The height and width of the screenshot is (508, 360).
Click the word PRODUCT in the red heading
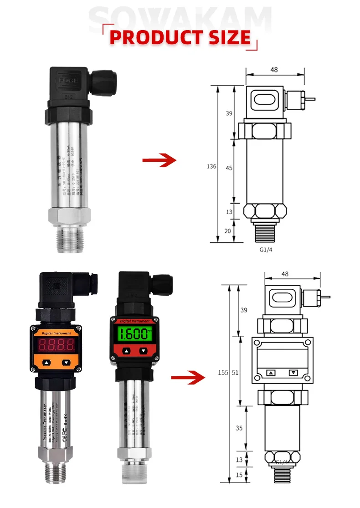pyautogui.click(x=154, y=37)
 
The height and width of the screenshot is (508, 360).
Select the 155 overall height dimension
pyautogui.click(x=223, y=373)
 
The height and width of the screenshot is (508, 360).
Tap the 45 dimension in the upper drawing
pyautogui.click(x=229, y=168)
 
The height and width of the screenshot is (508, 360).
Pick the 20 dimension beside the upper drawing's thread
pyautogui.click(x=228, y=231)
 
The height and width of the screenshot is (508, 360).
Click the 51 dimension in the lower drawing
pyautogui.click(x=235, y=373)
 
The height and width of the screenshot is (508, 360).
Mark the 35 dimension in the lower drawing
pyautogui.click(x=239, y=428)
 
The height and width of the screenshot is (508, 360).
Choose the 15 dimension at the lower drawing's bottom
pyautogui.click(x=239, y=474)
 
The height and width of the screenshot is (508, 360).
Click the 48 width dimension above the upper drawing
pyautogui.click(x=273, y=70)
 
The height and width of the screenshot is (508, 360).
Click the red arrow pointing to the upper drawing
pyautogui.click(x=159, y=160)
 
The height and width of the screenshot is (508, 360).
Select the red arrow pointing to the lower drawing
pyautogui.click(x=186, y=377)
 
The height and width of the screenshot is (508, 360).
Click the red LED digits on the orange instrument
pyautogui.click(x=57, y=345)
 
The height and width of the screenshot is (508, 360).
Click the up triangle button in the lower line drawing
pyautogui.click(x=272, y=373)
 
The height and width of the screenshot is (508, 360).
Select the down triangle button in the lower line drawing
pyautogui.click(x=293, y=373)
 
